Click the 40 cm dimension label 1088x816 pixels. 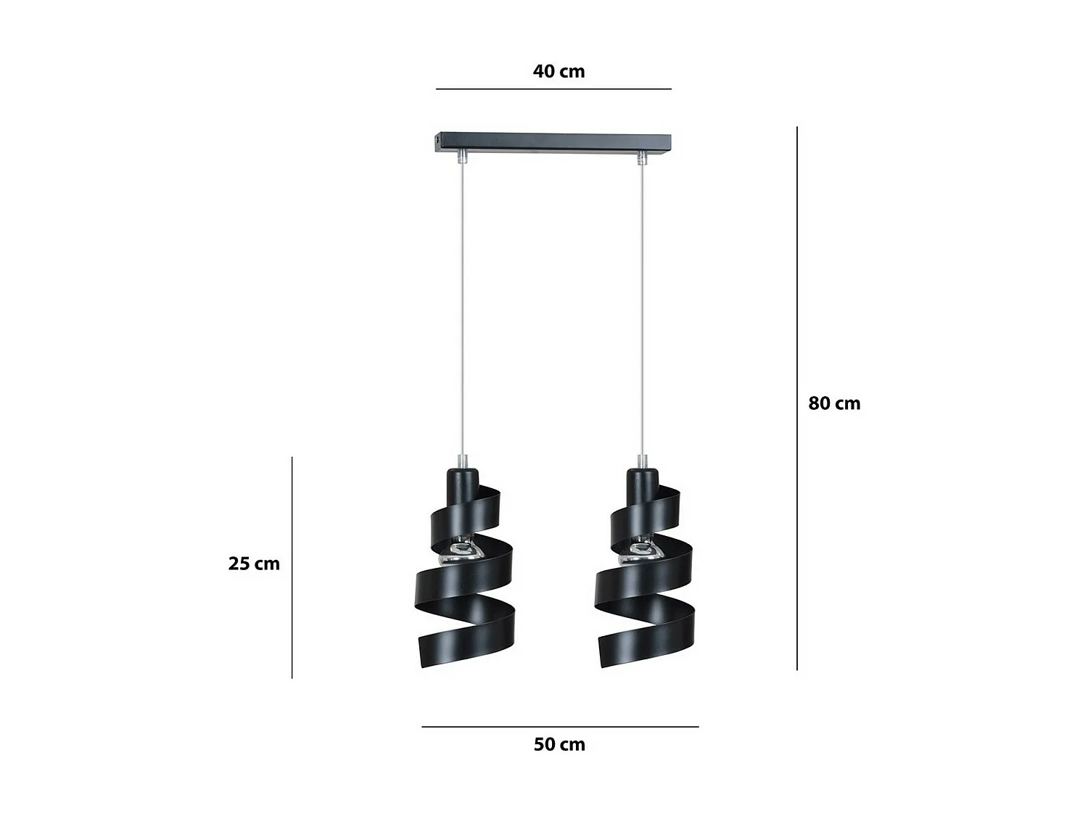click(559, 71)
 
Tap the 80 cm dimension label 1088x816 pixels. click(834, 403)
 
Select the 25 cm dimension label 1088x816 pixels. click(254, 564)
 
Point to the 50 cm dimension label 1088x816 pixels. click(559, 744)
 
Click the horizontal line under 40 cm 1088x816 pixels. click(553, 89)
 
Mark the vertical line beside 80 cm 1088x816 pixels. click(797, 399)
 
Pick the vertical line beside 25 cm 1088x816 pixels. click(292, 567)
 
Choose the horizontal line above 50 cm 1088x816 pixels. click(560, 726)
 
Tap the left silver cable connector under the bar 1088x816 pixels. click(463, 156)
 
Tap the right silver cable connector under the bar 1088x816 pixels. click(642, 156)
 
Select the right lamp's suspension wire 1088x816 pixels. click(642, 305)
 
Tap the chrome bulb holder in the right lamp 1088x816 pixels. click(638, 553)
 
